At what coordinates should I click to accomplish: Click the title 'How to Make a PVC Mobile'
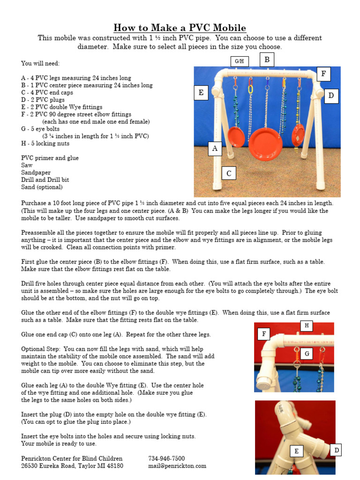click(x=180, y=28)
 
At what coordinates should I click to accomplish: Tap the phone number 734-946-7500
click(x=166, y=458)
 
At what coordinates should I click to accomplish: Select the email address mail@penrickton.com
click(x=177, y=465)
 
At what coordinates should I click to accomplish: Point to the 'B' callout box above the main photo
click(x=267, y=60)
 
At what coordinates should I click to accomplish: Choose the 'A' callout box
click(x=215, y=149)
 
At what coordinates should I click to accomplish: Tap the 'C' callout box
click(x=229, y=173)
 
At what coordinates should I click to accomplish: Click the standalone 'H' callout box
click(x=307, y=326)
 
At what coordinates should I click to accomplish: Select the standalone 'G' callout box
click(x=307, y=354)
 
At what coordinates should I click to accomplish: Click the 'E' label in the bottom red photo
click(x=296, y=451)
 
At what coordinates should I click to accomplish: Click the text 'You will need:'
click(x=40, y=63)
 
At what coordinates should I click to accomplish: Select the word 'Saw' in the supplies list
click(x=27, y=165)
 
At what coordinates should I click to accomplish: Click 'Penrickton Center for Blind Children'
click(x=72, y=458)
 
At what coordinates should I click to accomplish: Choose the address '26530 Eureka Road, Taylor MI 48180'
click(x=72, y=465)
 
